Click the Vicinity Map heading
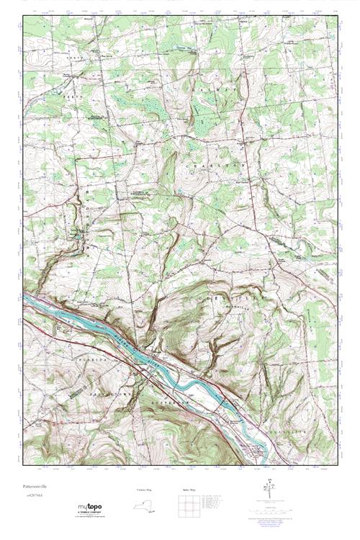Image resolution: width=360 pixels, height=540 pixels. coord(145,489)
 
